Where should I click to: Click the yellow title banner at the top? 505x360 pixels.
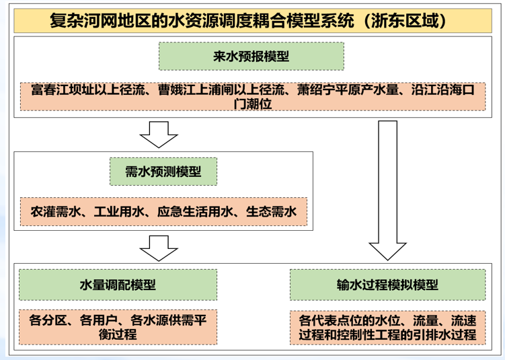253,21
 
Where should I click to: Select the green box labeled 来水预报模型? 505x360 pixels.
251,57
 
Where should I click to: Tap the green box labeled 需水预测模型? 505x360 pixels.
163,172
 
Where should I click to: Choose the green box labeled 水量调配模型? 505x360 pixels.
118,285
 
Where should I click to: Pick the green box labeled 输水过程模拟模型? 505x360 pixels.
387,285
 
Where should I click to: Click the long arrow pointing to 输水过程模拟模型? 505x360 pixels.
387,190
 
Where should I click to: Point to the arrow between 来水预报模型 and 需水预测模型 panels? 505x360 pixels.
159,135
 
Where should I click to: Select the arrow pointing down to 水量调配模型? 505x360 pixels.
159,248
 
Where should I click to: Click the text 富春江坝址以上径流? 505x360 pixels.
88,90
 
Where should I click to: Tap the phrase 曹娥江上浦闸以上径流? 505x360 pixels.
221,90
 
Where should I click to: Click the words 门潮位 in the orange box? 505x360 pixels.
253,104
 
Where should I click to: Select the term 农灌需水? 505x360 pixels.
56,212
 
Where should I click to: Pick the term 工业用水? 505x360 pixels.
119,212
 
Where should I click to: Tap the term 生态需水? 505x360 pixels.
271,212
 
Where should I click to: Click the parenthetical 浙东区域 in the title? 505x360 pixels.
405,21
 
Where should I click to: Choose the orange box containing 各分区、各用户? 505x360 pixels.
118,328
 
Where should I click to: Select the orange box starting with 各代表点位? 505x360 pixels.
387,328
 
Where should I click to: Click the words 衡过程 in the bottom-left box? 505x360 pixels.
118,334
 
